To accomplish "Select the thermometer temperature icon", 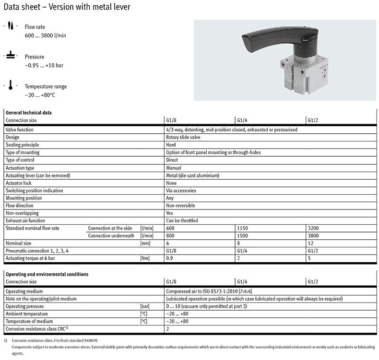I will coord(10,85).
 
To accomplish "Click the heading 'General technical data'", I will coord(29,112).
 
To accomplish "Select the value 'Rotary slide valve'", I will coord(184,137).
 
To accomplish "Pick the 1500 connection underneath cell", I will coord(244,236).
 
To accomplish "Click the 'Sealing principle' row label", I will coord(22,145).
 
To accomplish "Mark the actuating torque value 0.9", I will coord(169,259).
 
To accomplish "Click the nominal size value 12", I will coord(310,244).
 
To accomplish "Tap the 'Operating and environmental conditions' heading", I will coord(47,274).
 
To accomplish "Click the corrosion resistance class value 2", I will coord(167,329).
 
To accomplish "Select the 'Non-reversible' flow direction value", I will coord(181,205).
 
